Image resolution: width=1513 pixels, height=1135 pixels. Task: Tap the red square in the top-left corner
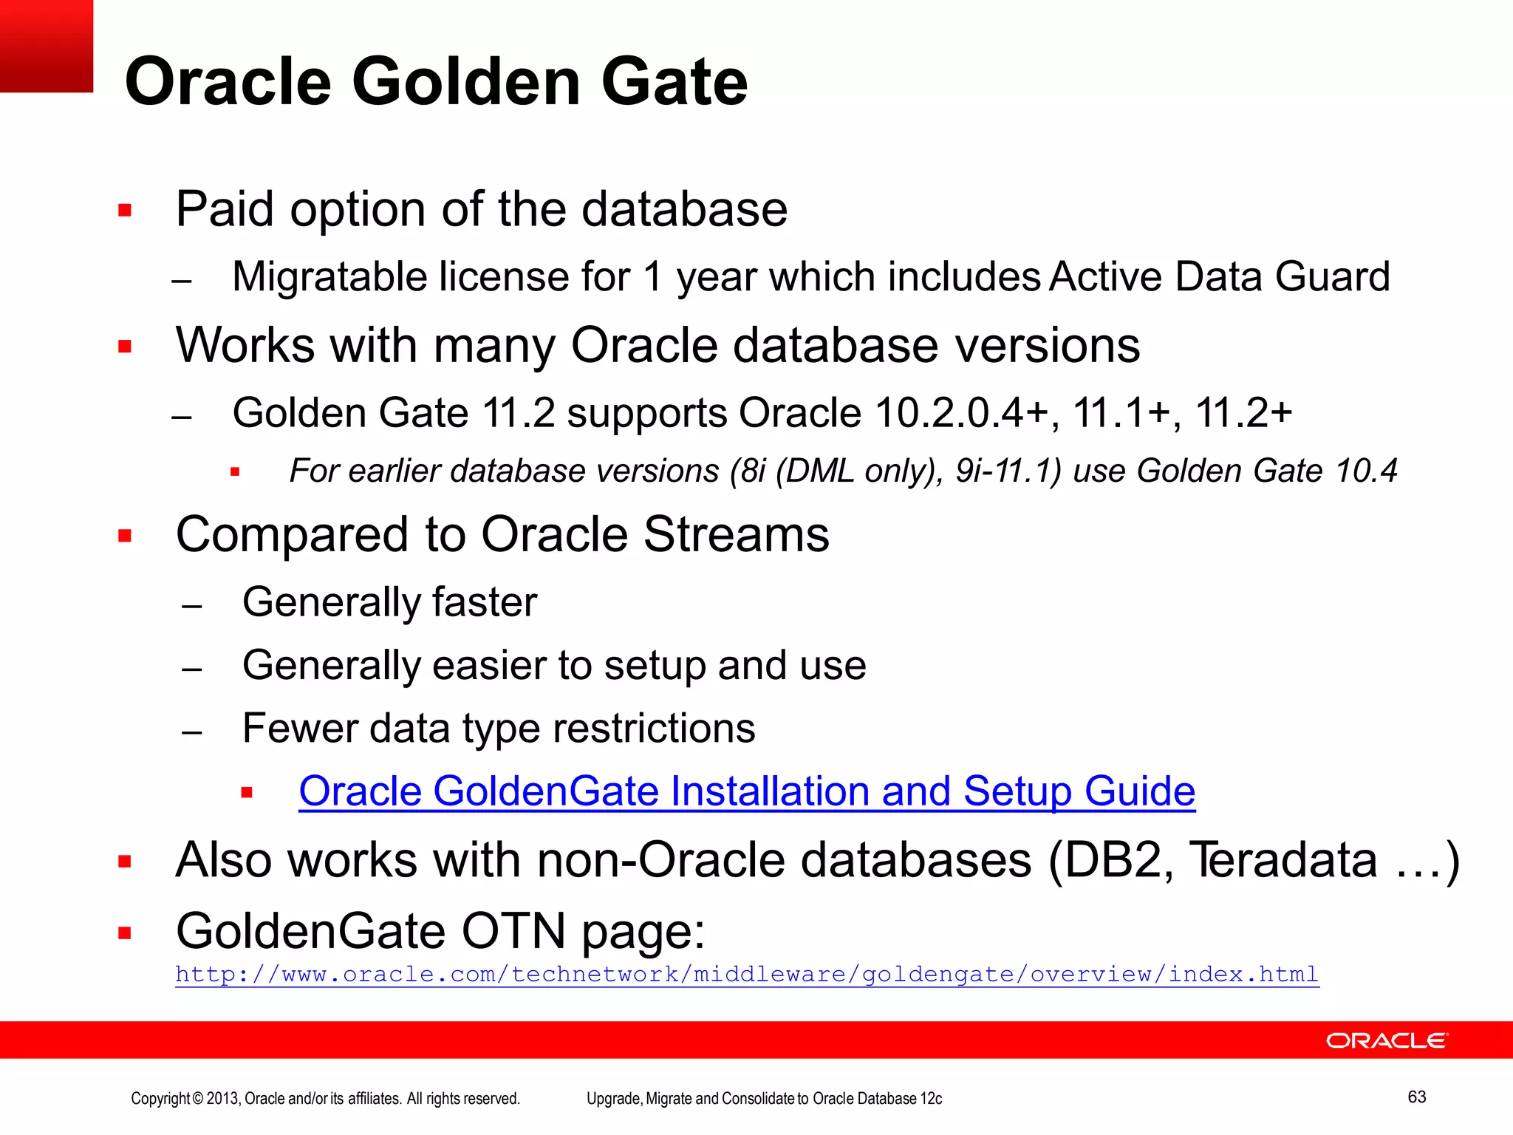point(47,46)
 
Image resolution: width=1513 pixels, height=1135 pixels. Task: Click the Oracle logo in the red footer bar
point(1387,1040)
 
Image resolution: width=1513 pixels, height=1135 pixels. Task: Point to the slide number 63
point(1416,1097)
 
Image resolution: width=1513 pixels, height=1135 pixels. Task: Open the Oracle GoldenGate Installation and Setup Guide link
point(746,791)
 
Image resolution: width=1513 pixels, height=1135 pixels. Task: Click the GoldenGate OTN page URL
point(746,974)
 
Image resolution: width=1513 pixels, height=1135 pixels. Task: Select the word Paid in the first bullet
point(225,209)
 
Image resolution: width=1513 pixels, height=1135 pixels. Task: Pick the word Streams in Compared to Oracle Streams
point(736,534)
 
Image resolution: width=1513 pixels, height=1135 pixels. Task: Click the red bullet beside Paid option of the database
point(125,211)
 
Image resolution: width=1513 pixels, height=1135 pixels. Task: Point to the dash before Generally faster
point(192,607)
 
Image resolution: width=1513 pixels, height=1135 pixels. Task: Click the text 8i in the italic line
point(752,471)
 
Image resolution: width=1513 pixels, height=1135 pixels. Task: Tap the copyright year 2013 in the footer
point(222,1098)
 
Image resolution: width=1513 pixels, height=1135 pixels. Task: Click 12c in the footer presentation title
point(931,1098)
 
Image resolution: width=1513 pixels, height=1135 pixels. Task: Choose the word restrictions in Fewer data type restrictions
point(654,729)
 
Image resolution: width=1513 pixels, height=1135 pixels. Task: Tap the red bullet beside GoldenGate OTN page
point(125,933)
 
